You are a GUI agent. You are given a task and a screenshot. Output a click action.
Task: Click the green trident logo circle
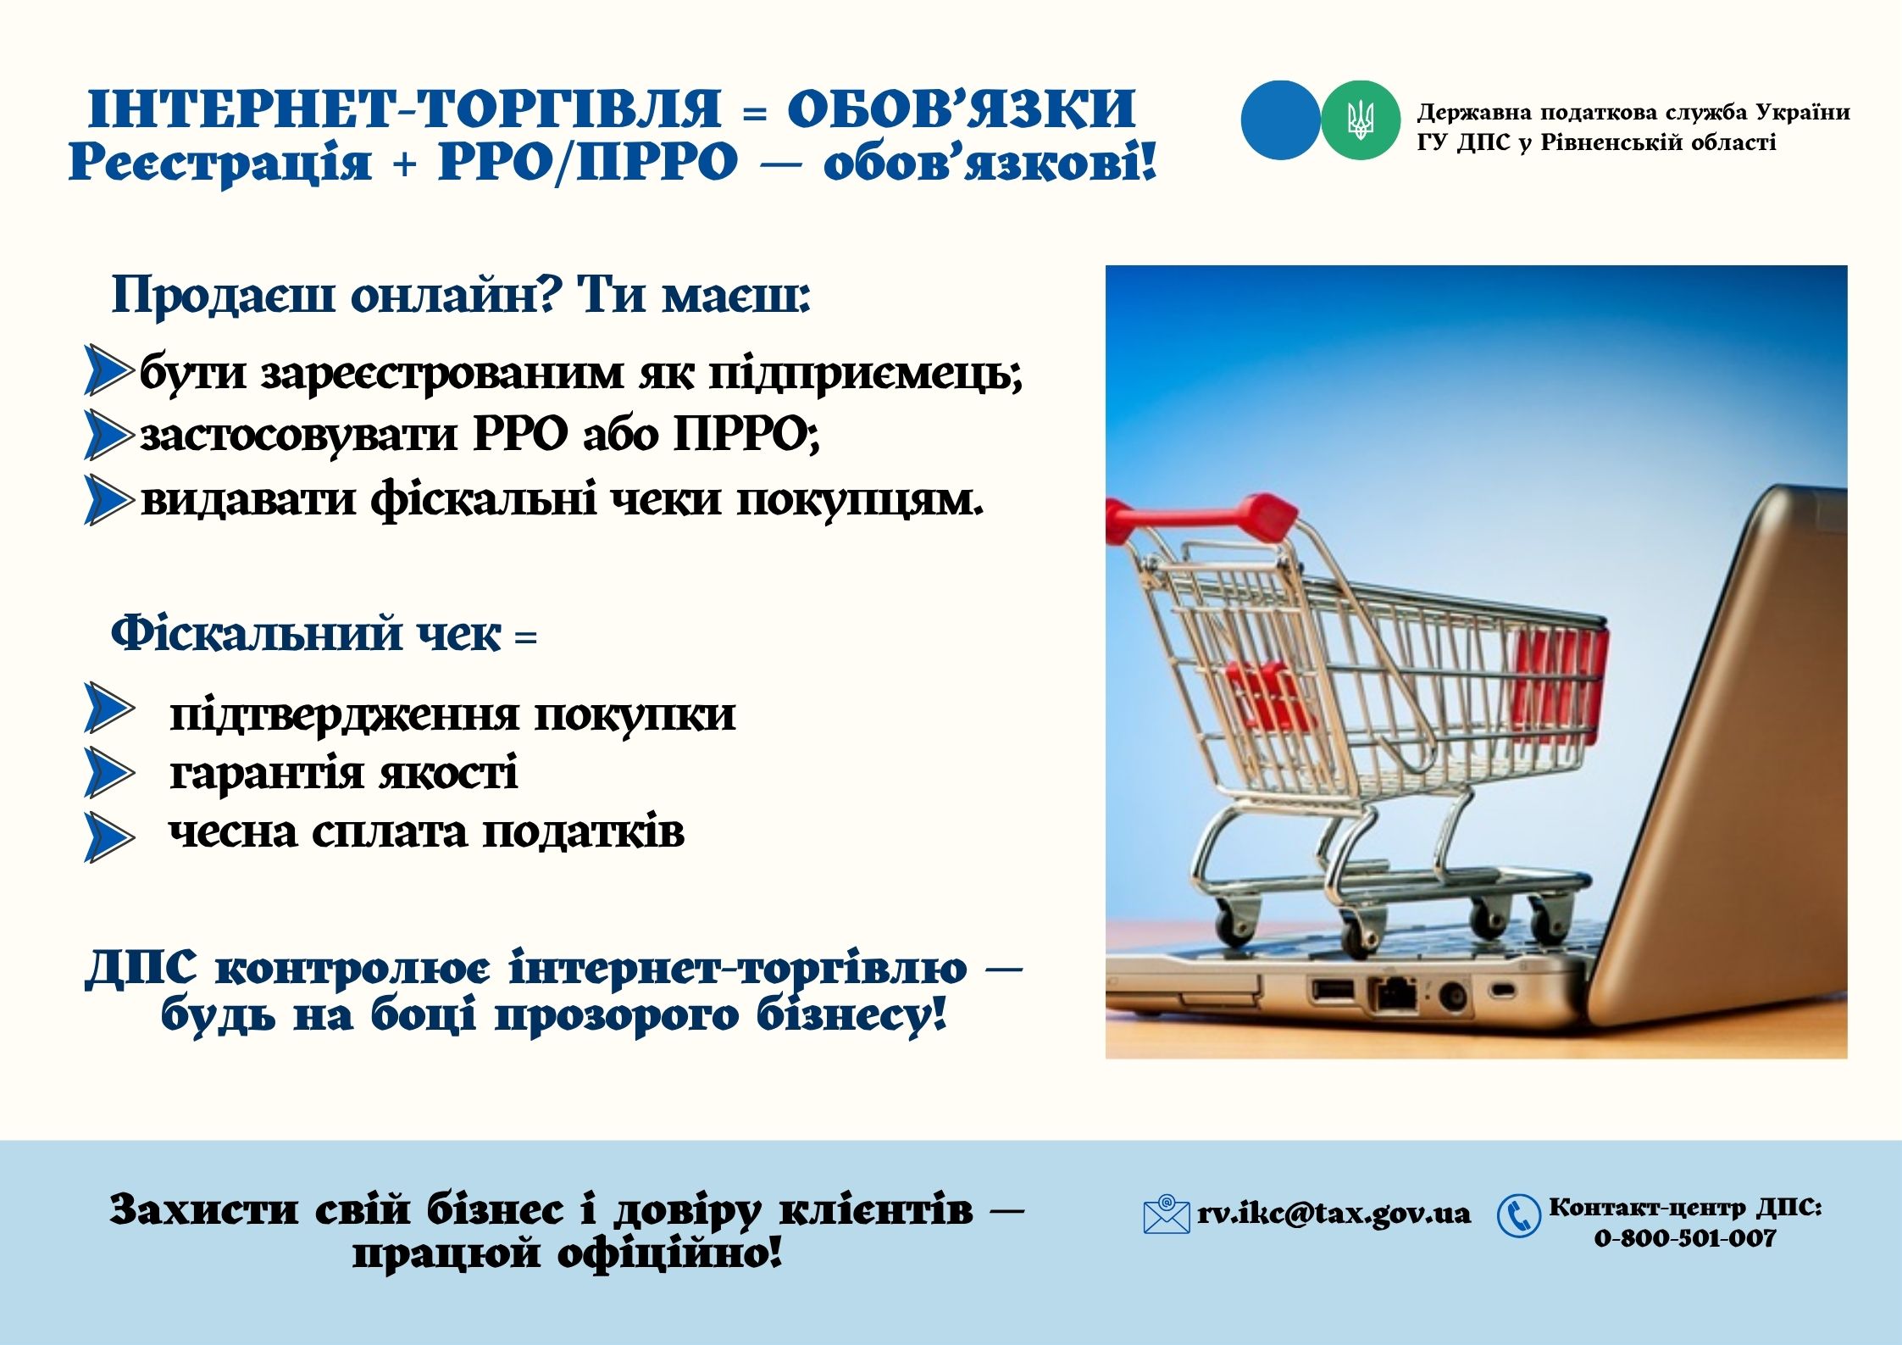(1360, 120)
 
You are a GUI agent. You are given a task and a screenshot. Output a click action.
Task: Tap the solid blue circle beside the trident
(1280, 120)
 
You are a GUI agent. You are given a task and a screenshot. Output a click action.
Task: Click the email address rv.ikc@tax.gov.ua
(1334, 1214)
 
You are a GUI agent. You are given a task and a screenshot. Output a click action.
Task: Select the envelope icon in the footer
(1166, 1214)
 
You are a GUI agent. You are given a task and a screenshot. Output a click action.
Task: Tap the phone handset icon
(1518, 1216)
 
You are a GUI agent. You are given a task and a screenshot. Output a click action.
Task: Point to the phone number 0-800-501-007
(1684, 1238)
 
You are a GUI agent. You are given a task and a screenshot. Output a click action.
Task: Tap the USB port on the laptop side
(1333, 989)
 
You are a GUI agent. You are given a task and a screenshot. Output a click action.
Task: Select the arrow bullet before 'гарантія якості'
(109, 772)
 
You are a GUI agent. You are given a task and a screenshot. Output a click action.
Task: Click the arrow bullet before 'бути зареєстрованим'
(108, 370)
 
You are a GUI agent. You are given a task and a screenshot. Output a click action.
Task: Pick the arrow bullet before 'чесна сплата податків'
(109, 837)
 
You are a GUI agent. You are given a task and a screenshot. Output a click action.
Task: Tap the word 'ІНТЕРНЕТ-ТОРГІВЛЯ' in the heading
(404, 108)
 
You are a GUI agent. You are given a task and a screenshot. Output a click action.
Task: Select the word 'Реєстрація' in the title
(219, 161)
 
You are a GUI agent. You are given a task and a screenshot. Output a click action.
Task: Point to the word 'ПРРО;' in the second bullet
(746, 435)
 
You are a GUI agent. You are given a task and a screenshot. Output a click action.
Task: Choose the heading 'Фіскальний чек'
(306, 634)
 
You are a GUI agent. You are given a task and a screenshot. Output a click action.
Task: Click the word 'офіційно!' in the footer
(669, 1253)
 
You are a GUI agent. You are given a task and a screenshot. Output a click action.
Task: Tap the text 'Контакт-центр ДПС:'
(1685, 1207)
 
